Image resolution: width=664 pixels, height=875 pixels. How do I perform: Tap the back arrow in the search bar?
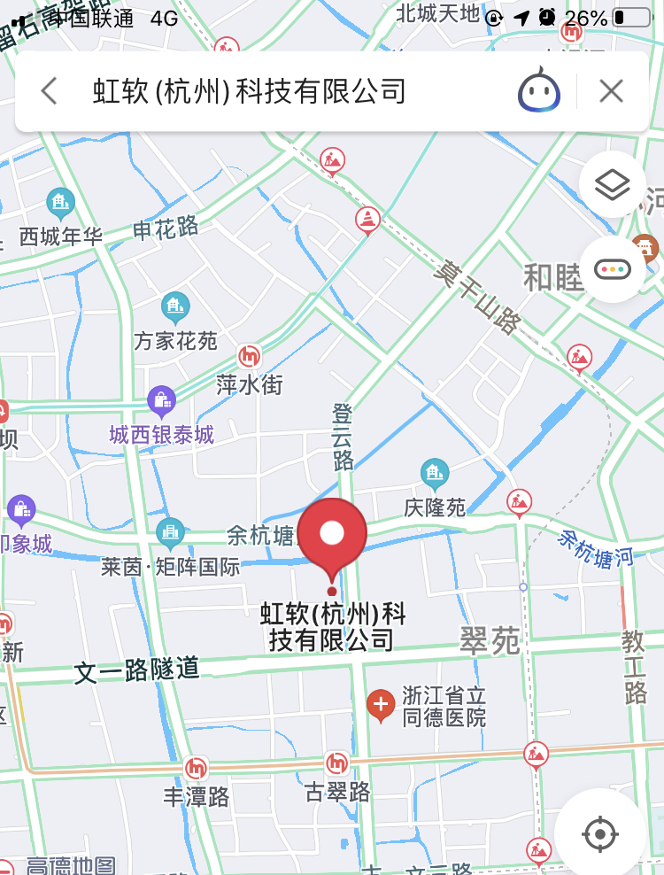pos(50,91)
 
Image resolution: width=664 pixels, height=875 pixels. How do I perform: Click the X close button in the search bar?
pos(611,91)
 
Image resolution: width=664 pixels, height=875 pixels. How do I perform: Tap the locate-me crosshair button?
pos(600,833)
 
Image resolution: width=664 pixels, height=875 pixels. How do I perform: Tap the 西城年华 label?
pos(60,236)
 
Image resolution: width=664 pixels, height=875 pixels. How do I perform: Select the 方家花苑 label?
pos(175,340)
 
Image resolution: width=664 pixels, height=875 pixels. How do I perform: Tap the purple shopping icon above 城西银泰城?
pos(161,401)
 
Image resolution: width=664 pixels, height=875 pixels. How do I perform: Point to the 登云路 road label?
pos(343,436)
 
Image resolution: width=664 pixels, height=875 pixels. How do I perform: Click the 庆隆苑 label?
pos(435,507)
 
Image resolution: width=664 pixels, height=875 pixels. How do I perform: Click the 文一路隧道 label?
pos(137,670)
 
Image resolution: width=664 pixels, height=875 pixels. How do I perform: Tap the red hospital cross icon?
pos(381,705)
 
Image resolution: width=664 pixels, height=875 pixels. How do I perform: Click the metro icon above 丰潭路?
pos(196,768)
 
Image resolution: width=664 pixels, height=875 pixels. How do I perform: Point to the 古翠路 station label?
pos(336,791)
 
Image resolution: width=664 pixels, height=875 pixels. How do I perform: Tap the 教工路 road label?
pos(634,665)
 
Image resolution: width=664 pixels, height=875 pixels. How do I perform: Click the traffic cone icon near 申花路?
pos(367,219)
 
